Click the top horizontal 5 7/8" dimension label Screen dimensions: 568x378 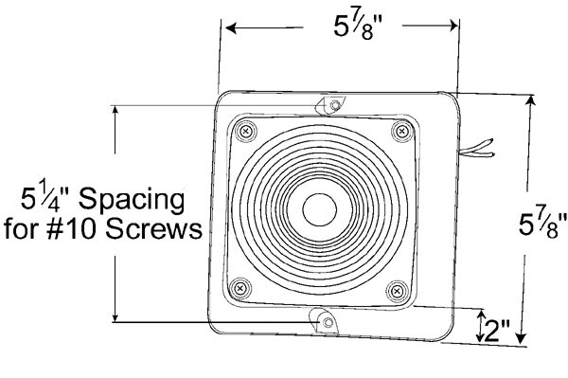tap(358, 27)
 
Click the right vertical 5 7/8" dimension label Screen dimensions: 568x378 tap(542, 225)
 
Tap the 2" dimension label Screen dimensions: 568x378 tap(496, 331)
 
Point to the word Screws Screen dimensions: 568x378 tap(153, 229)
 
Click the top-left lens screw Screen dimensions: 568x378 tap(246, 131)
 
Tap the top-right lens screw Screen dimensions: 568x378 tap(401, 131)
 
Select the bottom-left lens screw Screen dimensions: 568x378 tap(240, 289)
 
